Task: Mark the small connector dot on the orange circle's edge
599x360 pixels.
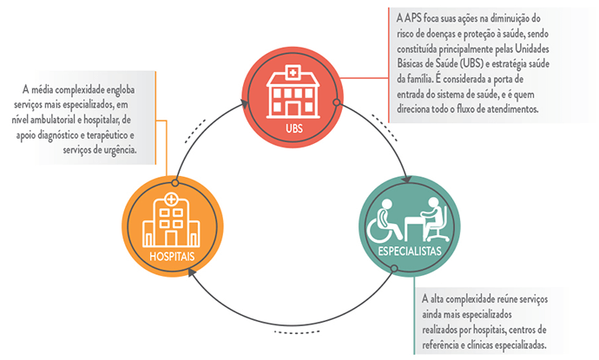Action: (x=175, y=183)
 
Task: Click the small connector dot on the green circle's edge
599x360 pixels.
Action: (x=393, y=269)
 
